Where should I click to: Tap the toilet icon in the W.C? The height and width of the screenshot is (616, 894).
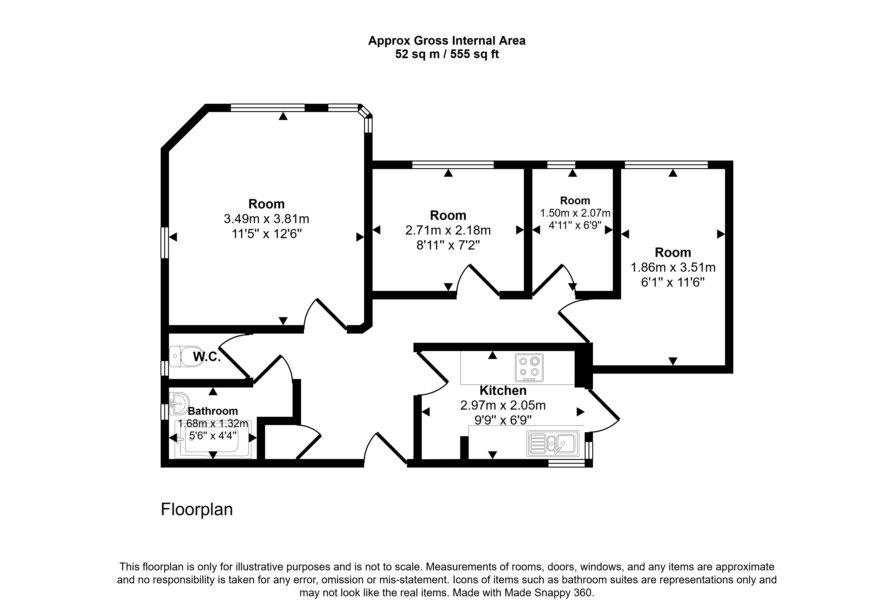pyautogui.click(x=187, y=356)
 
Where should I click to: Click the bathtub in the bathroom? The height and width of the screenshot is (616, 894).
pyautogui.click(x=213, y=439)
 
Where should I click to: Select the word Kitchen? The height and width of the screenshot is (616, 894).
pyautogui.click(x=503, y=391)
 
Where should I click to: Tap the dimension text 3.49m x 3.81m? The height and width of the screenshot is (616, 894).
pyautogui.click(x=267, y=219)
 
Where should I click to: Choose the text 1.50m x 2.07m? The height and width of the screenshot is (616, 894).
pyautogui.click(x=575, y=213)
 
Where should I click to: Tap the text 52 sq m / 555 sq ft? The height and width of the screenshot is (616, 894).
pyautogui.click(x=447, y=54)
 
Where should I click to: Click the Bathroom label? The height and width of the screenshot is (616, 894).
pyautogui.click(x=213, y=411)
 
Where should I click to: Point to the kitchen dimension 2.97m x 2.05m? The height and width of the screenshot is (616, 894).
pyautogui.click(x=503, y=405)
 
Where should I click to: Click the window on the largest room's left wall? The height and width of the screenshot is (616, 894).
pyautogui.click(x=165, y=242)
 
